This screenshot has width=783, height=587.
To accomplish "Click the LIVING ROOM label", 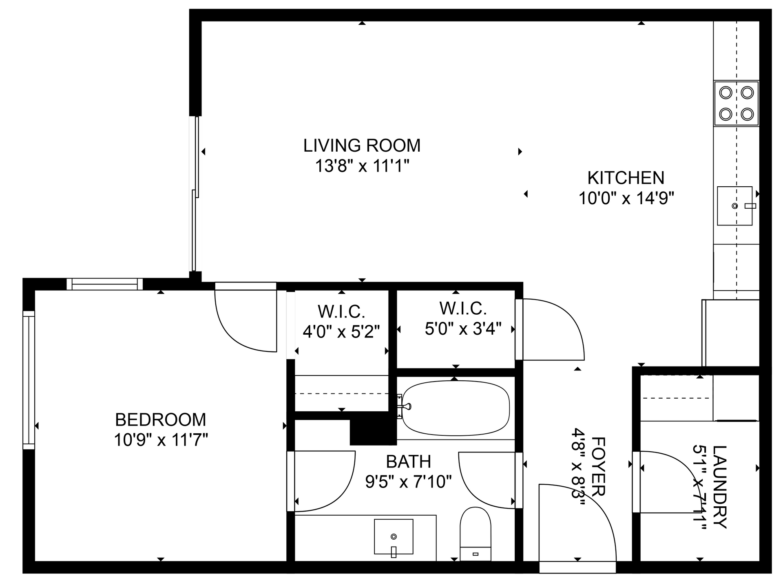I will (362, 146).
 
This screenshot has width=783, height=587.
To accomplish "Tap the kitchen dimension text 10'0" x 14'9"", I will (626, 199).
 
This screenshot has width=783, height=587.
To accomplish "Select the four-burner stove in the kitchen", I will (736, 104).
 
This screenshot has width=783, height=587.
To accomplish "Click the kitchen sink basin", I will (734, 206).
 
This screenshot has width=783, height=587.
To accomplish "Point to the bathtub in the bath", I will (456, 408).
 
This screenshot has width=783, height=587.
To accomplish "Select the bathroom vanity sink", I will (394, 536).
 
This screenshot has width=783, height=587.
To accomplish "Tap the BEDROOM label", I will (161, 420).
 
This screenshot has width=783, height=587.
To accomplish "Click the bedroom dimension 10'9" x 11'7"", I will (161, 440).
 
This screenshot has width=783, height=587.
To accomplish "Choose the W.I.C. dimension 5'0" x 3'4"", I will (463, 329).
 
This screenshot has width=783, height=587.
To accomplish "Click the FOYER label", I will (598, 466).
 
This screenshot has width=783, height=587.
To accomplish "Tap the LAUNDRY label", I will (720, 487).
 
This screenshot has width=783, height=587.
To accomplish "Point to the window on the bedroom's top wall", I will (105, 284).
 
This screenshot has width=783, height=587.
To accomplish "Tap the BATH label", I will (408, 462).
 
